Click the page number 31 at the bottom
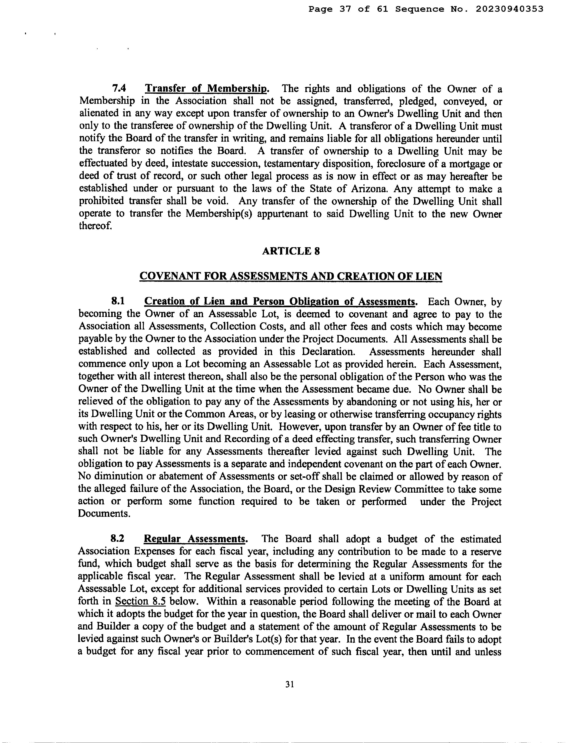tap(290, 684)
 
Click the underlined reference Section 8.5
tap(141, 602)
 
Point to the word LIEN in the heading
tap(429, 276)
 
